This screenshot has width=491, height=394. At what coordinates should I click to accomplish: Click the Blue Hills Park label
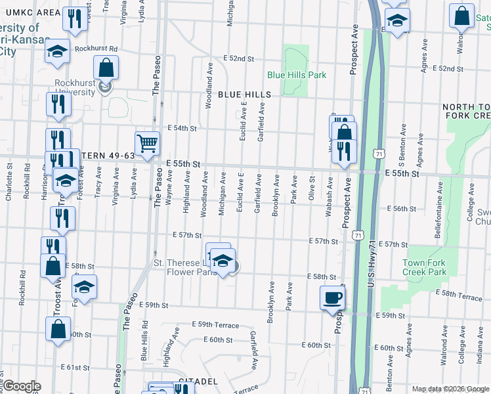[297, 75]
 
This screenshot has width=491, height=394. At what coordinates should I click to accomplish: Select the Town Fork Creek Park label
[423, 267]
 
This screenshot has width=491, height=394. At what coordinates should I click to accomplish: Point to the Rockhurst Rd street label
[95, 49]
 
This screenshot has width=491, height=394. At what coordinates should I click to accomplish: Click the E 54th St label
[182, 128]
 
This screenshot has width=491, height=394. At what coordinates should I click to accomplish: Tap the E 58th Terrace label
[461, 297]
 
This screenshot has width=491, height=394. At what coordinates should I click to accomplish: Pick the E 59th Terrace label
[215, 325]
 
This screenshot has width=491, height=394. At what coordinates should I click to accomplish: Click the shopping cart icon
[148, 143]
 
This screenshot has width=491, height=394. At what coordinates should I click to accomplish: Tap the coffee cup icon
[331, 297]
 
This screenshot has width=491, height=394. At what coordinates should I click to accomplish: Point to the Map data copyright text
[450, 389]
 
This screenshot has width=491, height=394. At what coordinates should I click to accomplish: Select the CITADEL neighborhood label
[198, 381]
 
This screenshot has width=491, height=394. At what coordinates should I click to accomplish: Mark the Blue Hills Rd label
[144, 345]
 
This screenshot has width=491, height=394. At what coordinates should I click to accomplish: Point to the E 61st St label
[74, 368]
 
